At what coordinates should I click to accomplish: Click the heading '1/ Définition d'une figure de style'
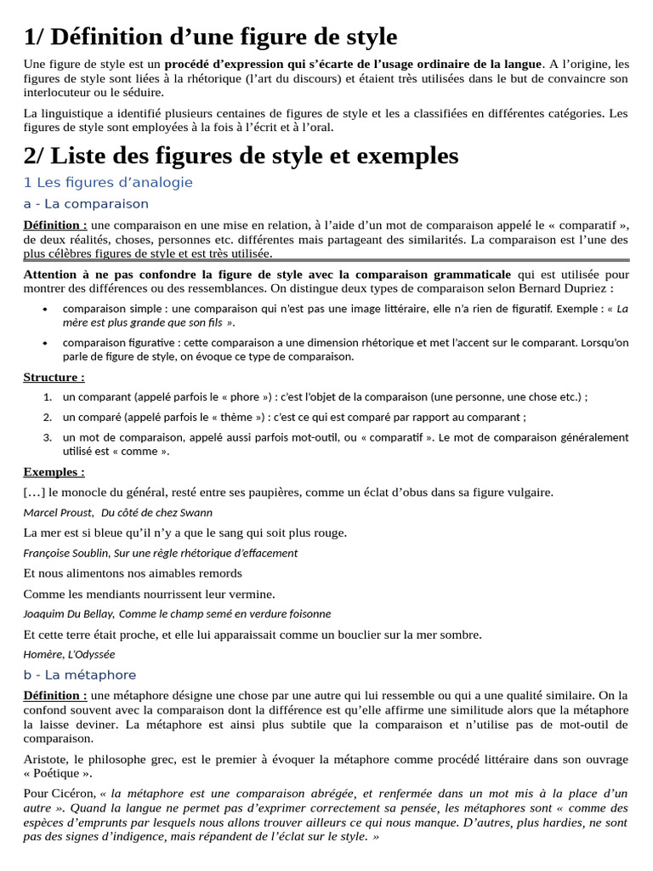[x=210, y=37]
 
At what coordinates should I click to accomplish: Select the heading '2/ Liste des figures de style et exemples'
[x=241, y=156]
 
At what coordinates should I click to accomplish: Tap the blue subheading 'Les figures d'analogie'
[x=108, y=182]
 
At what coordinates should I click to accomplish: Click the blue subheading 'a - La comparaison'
[x=86, y=204]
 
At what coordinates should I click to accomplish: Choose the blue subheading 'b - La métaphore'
[x=80, y=675]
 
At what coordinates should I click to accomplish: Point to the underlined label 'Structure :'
[x=54, y=377]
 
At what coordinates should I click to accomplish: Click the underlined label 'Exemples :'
[x=54, y=472]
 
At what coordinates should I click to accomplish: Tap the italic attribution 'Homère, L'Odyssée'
[x=69, y=654]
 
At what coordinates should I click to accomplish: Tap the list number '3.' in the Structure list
[x=48, y=437]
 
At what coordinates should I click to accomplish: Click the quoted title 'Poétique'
[x=58, y=773]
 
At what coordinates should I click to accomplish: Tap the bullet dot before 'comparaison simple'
[x=44, y=309]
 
